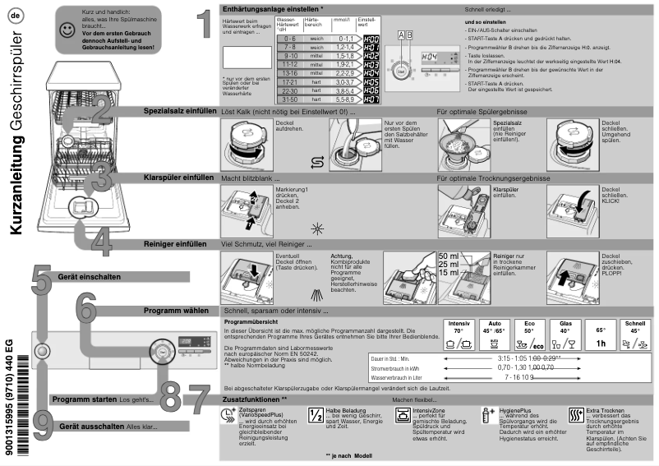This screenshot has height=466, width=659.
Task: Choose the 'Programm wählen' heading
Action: click(x=175, y=311)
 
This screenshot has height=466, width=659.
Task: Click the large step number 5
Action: click(x=41, y=279)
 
